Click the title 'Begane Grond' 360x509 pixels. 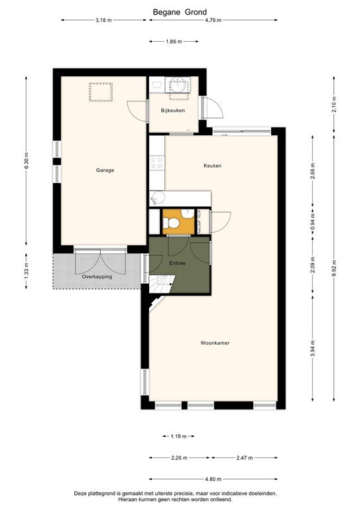pyautogui.click(x=180, y=12)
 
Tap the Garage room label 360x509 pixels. pyautogui.click(x=105, y=170)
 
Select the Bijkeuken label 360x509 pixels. pyautogui.click(x=173, y=110)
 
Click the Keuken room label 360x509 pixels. pyautogui.click(x=212, y=166)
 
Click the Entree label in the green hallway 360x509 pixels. pyautogui.click(x=177, y=263)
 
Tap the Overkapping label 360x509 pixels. pyautogui.click(x=97, y=276)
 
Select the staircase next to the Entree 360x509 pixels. pyautogui.click(x=160, y=286)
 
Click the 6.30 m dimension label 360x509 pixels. pyautogui.click(x=27, y=162)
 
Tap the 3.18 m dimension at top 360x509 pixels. pyautogui.click(x=103, y=21)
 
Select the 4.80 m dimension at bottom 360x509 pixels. pyautogui.click(x=212, y=479)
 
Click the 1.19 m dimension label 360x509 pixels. pyautogui.click(x=178, y=436)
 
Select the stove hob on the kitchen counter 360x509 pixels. pyautogui.click(x=157, y=161)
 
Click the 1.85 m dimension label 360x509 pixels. pyautogui.click(x=173, y=41)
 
